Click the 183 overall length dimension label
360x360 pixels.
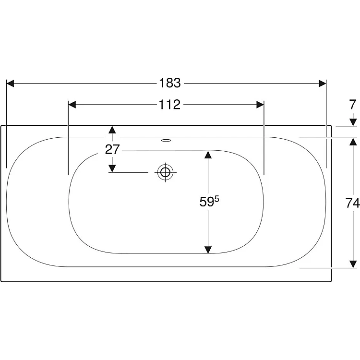170,83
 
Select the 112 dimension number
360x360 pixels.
169,105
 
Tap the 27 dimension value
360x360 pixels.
112,149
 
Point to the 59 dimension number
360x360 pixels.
206,202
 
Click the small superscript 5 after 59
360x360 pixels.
217,199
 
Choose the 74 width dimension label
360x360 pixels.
352,203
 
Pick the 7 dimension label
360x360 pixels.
353,105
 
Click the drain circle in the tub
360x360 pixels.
165,172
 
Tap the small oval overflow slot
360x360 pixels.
166,140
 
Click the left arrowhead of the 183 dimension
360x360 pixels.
11,84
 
